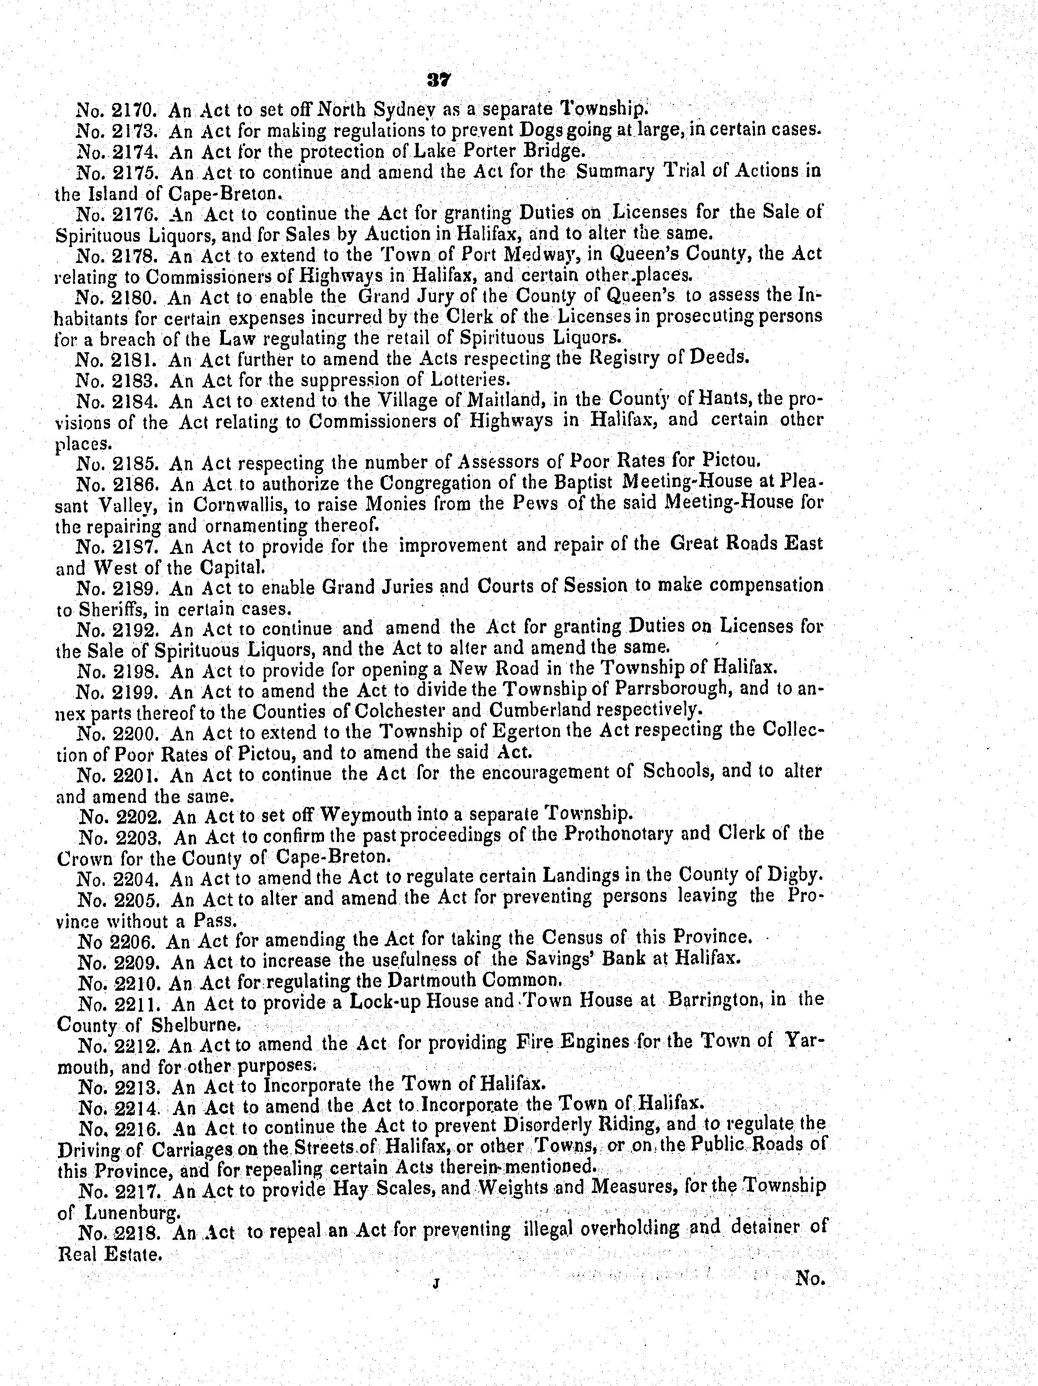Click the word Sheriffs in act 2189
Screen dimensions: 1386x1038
pos(118,609)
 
